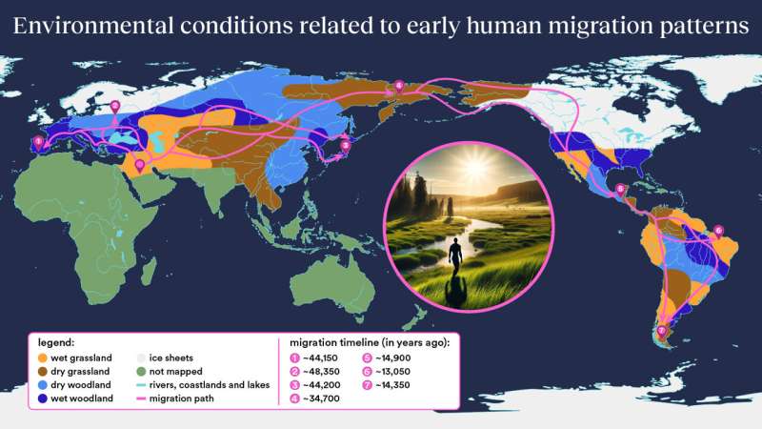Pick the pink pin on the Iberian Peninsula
(x=38, y=143)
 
